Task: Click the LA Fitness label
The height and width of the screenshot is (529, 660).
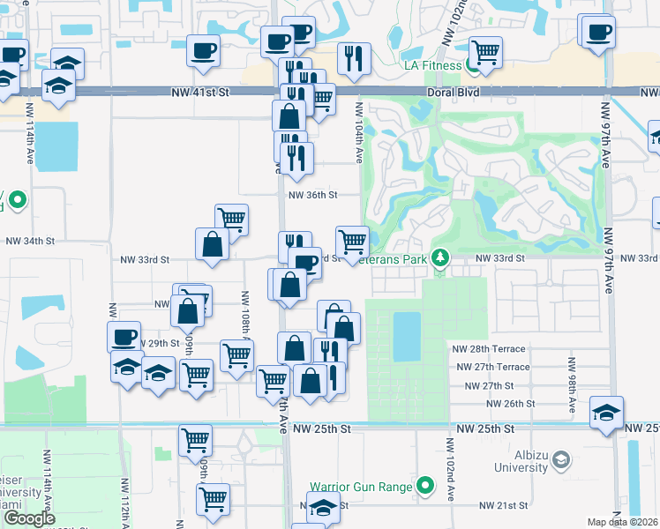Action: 432,65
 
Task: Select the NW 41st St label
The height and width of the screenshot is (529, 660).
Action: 199,91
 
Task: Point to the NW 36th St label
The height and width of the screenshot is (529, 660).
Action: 313,195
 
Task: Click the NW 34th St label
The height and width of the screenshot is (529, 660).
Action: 30,240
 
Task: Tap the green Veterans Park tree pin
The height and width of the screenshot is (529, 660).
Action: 440,258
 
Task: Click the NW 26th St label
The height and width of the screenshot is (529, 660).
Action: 512,403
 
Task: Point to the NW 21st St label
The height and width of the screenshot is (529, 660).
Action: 503,506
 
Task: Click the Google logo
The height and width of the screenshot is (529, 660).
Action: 30,518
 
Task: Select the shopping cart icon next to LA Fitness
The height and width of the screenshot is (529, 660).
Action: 486,52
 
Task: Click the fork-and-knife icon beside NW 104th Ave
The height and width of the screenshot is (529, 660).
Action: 355,58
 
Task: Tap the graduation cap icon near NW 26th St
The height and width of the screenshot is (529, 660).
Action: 606,412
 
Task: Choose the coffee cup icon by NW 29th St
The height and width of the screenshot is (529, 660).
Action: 124,336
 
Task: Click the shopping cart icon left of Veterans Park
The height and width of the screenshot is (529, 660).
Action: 353,240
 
